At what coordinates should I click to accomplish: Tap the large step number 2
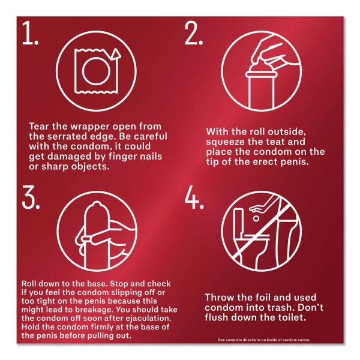[x=194, y=33]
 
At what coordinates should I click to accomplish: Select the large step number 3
[x=31, y=197]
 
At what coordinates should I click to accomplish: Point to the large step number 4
[x=194, y=197]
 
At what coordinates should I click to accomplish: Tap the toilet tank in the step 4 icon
[x=241, y=221]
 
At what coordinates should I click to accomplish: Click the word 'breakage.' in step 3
[x=94, y=310]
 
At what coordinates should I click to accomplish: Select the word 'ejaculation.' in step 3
[x=149, y=318]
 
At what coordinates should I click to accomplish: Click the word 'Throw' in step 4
[x=218, y=298]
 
